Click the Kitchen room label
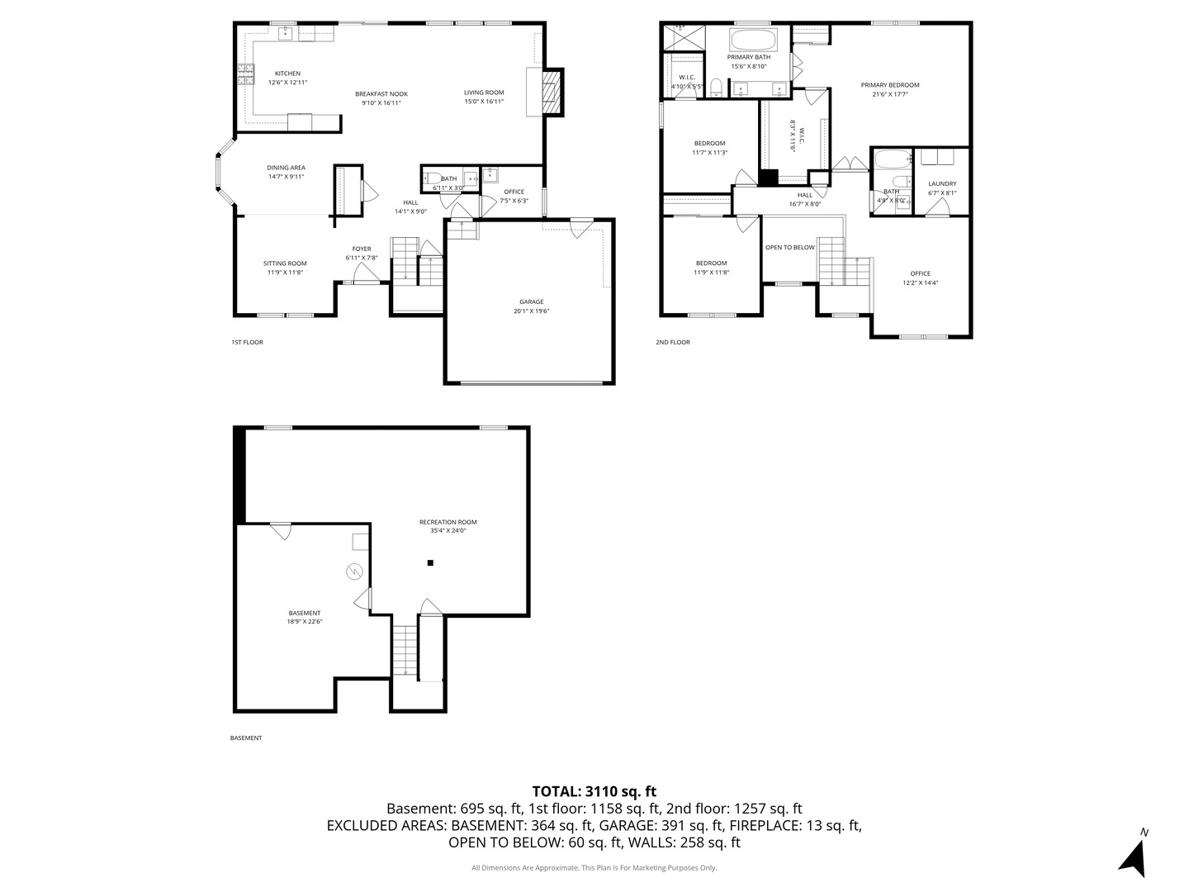pyautogui.click(x=287, y=74)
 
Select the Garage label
pyautogui.click(x=531, y=301)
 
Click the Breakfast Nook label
pyautogui.click(x=381, y=93)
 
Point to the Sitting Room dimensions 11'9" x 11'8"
pyautogui.click(x=285, y=273)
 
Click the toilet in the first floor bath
pyautogui.click(x=430, y=178)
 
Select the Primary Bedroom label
pyautogui.click(x=889, y=85)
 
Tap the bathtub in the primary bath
pyautogui.click(x=753, y=39)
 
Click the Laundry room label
pyautogui.click(x=941, y=184)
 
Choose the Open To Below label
pyautogui.click(x=789, y=247)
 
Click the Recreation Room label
pyautogui.click(x=448, y=522)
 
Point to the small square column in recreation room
pyautogui.click(x=430, y=563)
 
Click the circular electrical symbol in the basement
pyautogui.click(x=353, y=571)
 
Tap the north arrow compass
pyautogui.click(x=1135, y=855)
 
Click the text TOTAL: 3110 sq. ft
pyautogui.click(x=594, y=791)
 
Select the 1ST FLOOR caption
pyautogui.click(x=247, y=342)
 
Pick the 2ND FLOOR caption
pyautogui.click(x=672, y=342)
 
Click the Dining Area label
pyautogui.click(x=286, y=168)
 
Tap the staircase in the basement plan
pyautogui.click(x=404, y=650)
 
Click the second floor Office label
pyautogui.click(x=920, y=273)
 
